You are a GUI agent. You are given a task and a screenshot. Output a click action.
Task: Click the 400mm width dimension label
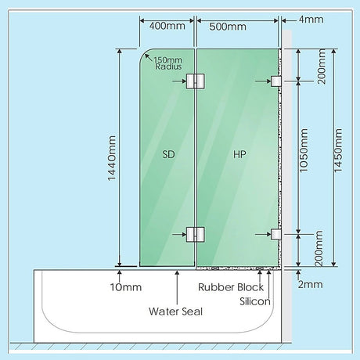point(167,26)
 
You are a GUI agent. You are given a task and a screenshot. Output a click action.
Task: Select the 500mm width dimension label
point(228,27)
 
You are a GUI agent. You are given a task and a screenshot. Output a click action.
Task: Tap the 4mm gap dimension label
point(311,20)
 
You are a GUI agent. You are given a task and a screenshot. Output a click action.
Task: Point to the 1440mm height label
point(112,158)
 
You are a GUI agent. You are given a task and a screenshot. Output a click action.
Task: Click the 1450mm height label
point(338,150)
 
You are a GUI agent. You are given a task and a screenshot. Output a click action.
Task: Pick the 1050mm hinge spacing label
point(304,150)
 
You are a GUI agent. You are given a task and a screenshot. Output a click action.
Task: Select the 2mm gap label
point(310,284)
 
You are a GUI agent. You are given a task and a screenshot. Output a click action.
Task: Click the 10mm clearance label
point(126,287)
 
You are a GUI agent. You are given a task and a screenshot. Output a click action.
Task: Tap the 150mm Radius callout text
point(168,63)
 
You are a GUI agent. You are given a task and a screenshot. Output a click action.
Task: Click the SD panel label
point(168,154)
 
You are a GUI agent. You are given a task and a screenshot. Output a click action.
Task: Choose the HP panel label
point(239,154)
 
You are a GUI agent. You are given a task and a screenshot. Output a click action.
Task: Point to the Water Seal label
point(175,311)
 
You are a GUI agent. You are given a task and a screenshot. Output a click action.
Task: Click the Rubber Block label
point(231,287)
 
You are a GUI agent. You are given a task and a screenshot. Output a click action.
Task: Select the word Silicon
point(255,301)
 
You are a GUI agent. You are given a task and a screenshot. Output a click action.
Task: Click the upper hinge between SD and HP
point(195,81)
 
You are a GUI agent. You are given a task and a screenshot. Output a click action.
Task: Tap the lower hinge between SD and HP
point(195,234)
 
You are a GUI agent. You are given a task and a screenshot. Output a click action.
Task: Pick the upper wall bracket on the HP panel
point(276,81)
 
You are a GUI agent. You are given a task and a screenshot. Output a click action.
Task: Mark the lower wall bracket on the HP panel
point(276,234)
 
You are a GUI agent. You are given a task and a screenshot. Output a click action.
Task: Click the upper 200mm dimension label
point(322,67)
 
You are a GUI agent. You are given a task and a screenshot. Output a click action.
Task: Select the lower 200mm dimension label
point(319,248)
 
